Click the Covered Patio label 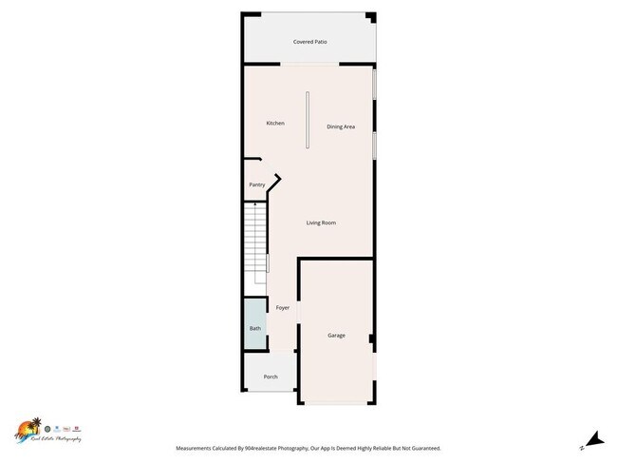click(309, 43)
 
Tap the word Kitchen click(275, 123)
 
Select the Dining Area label click(341, 126)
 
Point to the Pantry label click(256, 184)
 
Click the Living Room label click(321, 222)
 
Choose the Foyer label click(282, 308)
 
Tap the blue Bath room click(254, 328)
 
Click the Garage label click(336, 336)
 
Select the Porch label click(257, 377)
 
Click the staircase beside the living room click(256, 242)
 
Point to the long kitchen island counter click(307, 120)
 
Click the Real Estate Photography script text click(54, 439)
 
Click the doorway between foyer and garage click(298, 314)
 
